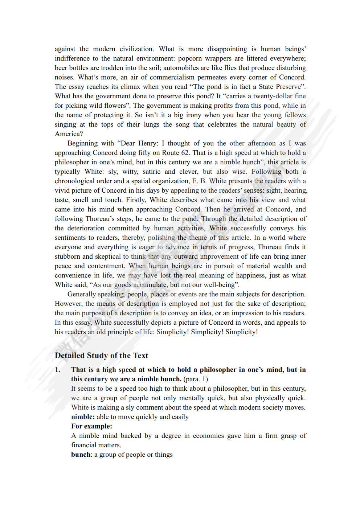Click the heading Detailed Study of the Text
point(102,356)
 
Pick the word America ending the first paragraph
point(67,134)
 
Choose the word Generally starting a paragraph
point(82,294)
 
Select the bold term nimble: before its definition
point(83,417)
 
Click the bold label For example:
point(91,426)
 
